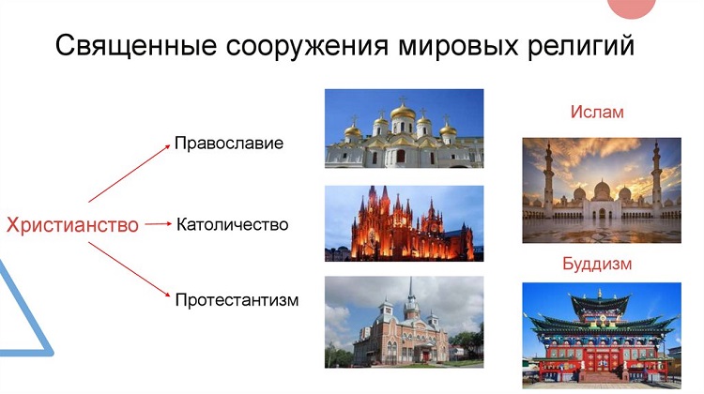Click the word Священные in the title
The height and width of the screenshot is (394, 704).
[x=136, y=45]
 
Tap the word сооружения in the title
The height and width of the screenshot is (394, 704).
[x=307, y=46]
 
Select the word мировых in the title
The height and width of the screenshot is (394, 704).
[x=457, y=46]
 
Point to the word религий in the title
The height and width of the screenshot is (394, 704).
[x=580, y=45]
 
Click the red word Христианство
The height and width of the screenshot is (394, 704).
[x=72, y=224]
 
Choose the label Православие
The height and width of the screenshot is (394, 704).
[x=229, y=144]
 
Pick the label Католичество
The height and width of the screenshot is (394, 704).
[x=232, y=224]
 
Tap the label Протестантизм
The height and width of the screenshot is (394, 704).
[x=237, y=300]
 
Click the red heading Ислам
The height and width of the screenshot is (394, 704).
[x=597, y=112]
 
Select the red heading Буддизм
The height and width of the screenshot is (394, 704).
[x=597, y=264]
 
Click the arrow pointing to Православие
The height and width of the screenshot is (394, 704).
[x=130, y=174]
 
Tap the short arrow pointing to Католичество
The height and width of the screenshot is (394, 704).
[x=158, y=224]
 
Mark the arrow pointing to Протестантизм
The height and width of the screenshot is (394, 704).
[x=130, y=269]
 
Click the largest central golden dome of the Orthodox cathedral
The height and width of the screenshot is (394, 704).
[x=403, y=112]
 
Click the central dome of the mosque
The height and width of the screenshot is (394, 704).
[x=602, y=190]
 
